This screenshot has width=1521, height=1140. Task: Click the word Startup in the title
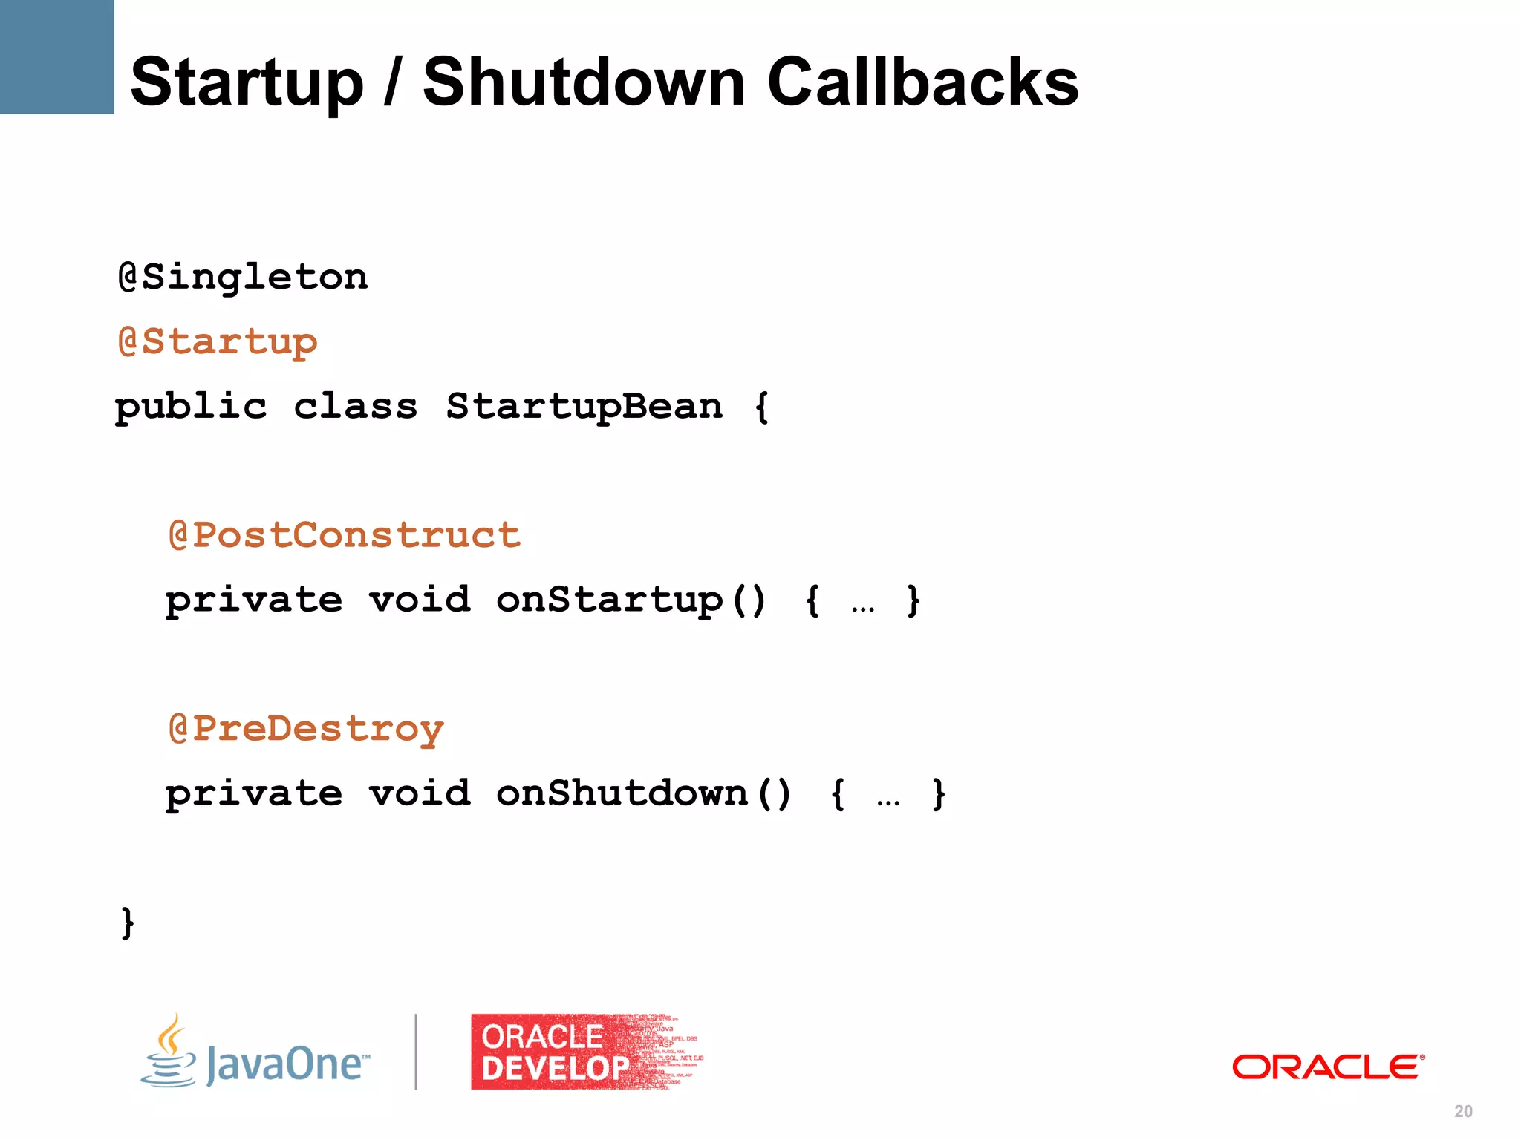(x=247, y=83)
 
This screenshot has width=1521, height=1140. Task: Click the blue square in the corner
(x=56, y=56)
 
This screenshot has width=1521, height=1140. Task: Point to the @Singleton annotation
(x=243, y=278)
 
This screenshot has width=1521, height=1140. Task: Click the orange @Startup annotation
(x=218, y=343)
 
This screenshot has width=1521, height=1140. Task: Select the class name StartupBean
(x=584, y=407)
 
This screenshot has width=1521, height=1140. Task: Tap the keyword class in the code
(x=355, y=407)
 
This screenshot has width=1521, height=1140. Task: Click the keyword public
(x=191, y=407)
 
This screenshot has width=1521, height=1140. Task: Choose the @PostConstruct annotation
(x=345, y=535)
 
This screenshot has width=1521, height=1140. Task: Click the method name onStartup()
(x=631, y=600)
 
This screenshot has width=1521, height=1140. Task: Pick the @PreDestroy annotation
(x=306, y=729)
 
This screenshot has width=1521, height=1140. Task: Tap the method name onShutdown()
(x=643, y=793)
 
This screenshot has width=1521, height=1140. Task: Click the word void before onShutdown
(x=420, y=793)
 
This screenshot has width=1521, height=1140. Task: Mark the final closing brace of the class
(x=128, y=923)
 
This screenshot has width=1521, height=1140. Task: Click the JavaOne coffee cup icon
(x=170, y=1052)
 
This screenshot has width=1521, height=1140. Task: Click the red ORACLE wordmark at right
(x=1328, y=1067)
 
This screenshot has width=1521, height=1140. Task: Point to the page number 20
(x=1463, y=1111)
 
